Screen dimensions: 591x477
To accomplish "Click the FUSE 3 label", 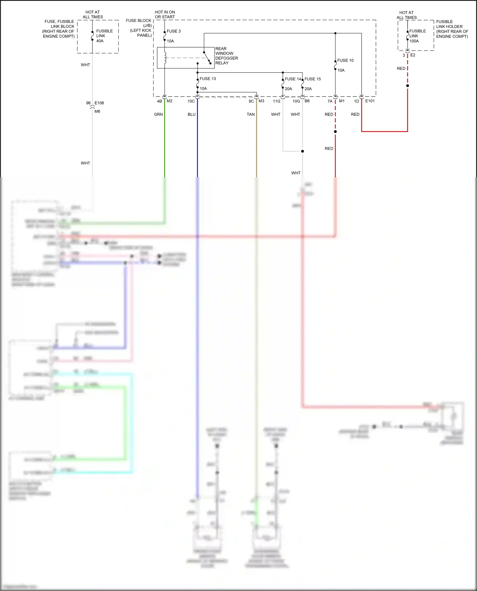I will pos(174,31).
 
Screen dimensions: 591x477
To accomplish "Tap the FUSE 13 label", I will pos(208,79).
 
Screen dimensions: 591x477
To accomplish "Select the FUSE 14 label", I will pos(293,79).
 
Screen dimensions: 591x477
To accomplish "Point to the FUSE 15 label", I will pos(313,79).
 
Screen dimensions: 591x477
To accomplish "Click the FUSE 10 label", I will pos(345,60).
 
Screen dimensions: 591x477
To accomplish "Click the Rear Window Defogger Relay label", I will pos(226,56).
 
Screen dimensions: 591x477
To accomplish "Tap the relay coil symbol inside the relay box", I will pos(165,57).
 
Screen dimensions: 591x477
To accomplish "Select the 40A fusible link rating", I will pos(100,41).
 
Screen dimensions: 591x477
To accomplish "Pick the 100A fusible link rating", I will pos(414,41).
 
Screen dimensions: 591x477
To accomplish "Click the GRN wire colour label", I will pos(158,114).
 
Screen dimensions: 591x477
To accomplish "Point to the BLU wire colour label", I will pos(191,114).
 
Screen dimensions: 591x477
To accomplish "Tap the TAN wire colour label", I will pos(251,114).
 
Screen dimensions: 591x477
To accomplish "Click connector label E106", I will pos(99,103).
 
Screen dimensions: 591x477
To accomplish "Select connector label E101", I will pos(370,101).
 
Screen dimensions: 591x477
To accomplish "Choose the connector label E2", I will pos(413,55).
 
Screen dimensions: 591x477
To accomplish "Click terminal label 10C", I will pos(191,101).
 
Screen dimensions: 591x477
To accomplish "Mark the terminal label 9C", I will pos(251,101).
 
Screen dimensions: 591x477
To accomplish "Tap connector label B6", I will pos(307,101).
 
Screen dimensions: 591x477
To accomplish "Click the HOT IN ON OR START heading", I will pos(165,15).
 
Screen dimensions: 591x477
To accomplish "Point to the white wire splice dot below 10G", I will pos(302,151).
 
